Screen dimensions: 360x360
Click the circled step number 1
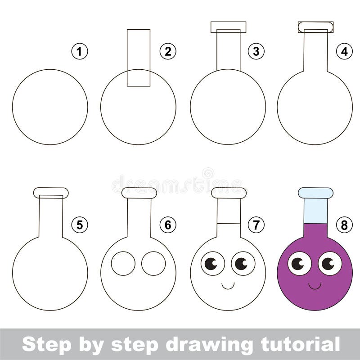[x=80, y=52]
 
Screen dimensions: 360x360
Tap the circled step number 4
[x=344, y=52]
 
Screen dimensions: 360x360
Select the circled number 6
[x=168, y=225]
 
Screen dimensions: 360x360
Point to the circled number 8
[x=344, y=225]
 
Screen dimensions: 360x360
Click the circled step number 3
[x=256, y=52]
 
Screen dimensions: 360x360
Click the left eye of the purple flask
[x=299, y=263]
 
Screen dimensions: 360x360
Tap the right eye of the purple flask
[x=330, y=263]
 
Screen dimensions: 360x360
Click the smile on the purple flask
[x=315, y=285]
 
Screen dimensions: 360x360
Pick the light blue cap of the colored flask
[x=315, y=193]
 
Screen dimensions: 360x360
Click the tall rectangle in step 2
[x=138, y=58]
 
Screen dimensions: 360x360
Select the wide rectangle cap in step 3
[x=228, y=27]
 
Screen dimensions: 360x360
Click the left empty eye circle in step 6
[x=123, y=263]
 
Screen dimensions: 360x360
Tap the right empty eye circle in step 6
[x=153, y=263]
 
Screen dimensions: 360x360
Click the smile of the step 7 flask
[x=228, y=285]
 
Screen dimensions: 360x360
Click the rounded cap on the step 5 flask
[x=51, y=193]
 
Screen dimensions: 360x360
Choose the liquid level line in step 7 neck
[x=229, y=223]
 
